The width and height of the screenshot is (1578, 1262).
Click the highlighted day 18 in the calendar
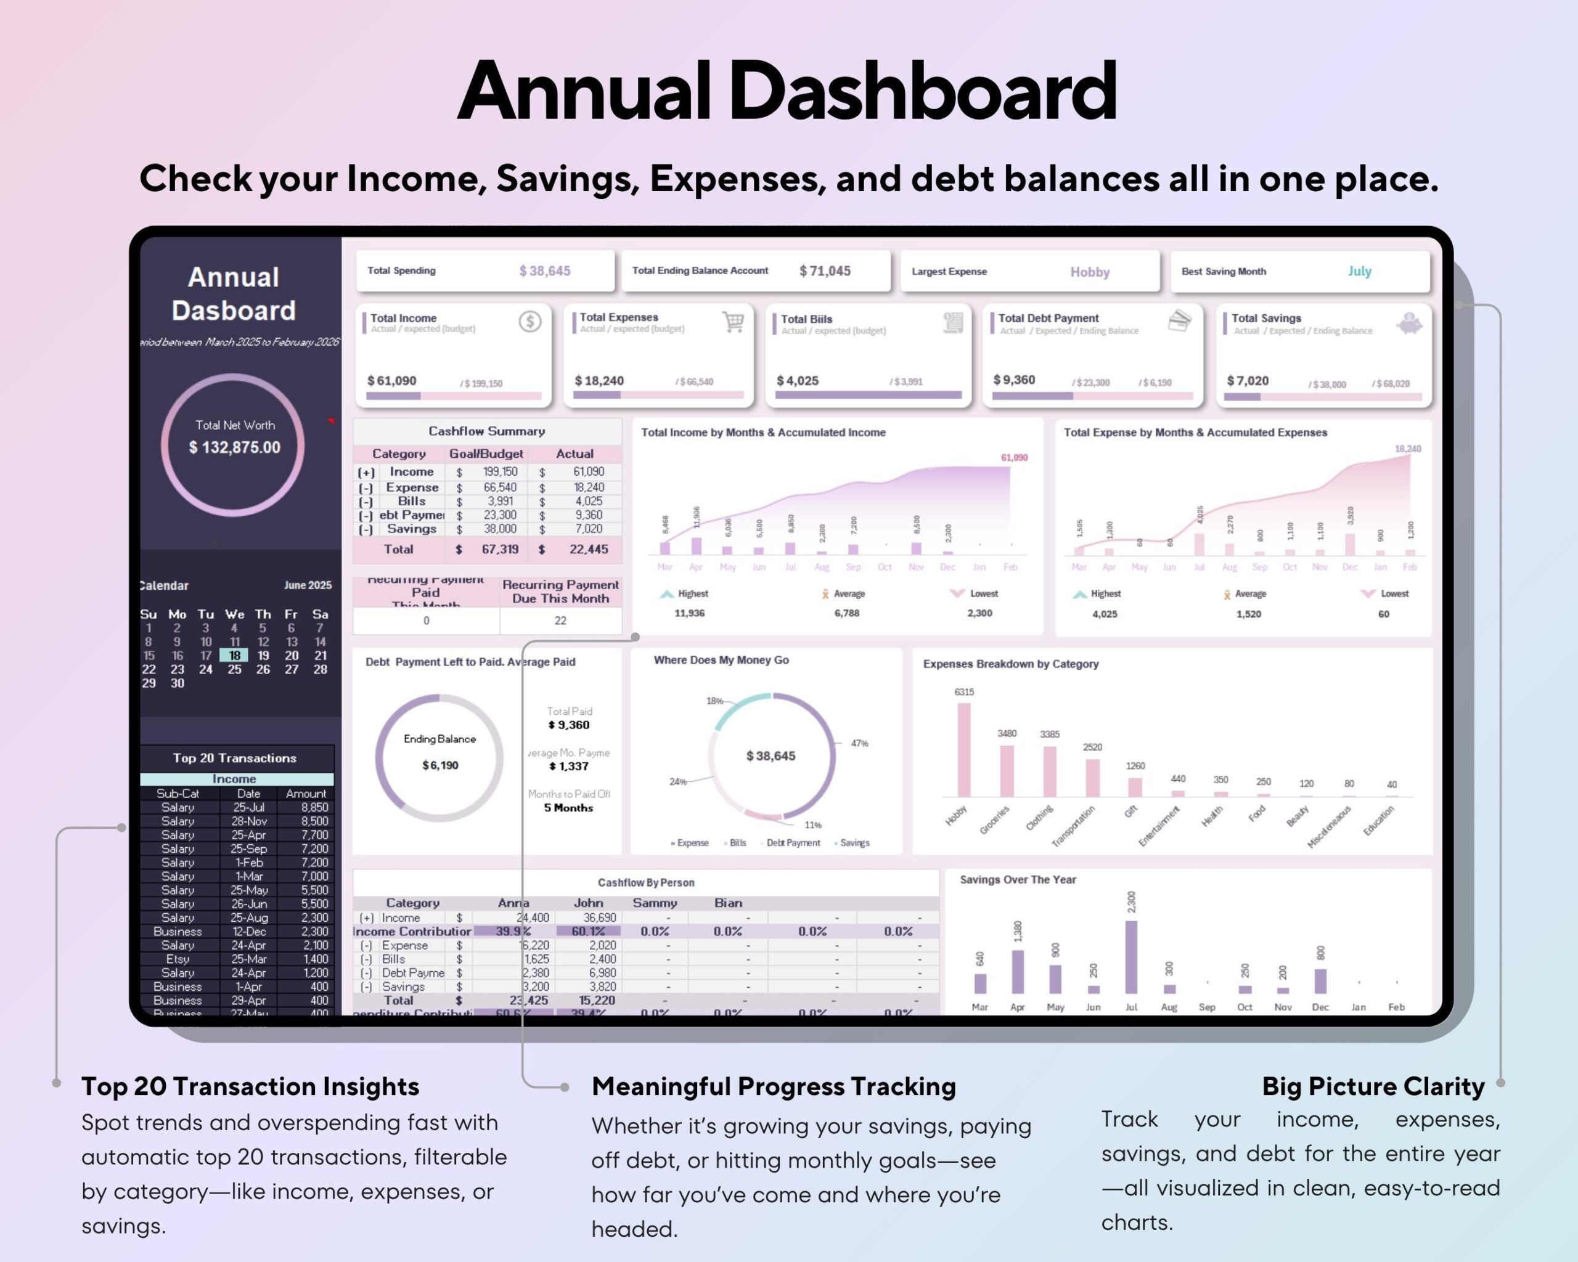pos(234,656)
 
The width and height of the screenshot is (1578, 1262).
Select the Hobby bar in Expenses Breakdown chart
pos(964,750)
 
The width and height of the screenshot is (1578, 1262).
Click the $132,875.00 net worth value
pos(234,447)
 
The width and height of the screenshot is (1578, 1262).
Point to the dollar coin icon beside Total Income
pos(530,321)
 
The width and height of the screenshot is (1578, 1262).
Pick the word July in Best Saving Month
pos(1359,271)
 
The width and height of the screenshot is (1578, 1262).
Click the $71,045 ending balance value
pos(825,271)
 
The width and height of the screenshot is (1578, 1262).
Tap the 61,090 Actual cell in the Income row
pos(589,472)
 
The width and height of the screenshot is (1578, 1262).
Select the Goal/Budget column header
pos(486,454)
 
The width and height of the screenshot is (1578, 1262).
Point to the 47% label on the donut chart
pos(859,743)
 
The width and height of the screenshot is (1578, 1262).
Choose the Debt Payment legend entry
pos(793,843)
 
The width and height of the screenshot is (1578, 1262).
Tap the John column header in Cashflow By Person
pos(589,903)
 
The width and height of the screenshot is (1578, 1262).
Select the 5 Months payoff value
pos(568,808)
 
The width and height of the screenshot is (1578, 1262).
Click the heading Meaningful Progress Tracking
pos(774,1086)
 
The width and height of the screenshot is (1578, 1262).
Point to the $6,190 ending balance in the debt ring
pos(440,765)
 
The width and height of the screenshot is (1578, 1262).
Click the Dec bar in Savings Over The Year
pos(1320,981)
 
